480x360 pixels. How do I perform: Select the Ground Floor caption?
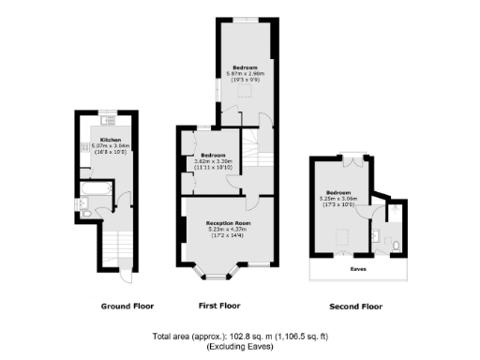(127, 306)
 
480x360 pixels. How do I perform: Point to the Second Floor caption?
(356, 306)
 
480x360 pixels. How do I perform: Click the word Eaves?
(358, 269)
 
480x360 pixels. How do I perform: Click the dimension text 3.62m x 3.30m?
(213, 161)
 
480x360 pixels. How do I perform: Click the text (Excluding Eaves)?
(239, 345)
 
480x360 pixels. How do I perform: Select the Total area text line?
(240, 336)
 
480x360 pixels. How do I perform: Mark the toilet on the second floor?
(398, 246)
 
